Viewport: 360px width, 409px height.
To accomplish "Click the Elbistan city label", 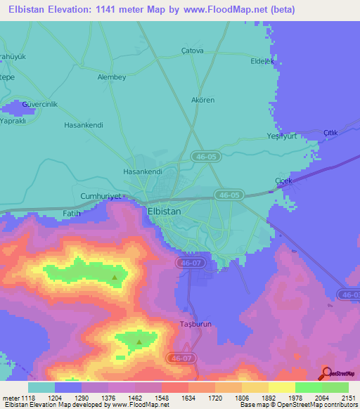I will tap(164, 211).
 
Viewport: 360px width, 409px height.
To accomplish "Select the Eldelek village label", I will tap(262, 61).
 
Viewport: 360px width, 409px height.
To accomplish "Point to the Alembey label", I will tap(111, 77).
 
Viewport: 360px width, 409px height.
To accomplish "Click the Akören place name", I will tap(202, 100).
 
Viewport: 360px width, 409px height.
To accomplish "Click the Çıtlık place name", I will tap(330, 133).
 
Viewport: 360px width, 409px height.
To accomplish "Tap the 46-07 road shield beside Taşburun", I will tap(181, 358).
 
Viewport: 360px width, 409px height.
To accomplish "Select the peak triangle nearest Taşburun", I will tap(139, 343).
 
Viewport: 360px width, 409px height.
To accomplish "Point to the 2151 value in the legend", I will tap(347, 398).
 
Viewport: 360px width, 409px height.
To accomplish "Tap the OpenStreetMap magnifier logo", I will tap(326, 372).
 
